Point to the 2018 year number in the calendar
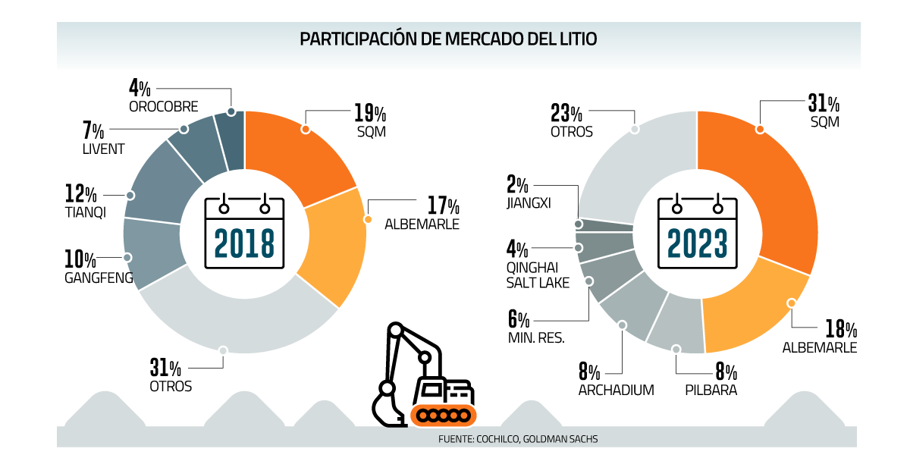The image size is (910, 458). coord(244,242)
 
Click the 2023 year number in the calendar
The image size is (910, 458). coord(697,242)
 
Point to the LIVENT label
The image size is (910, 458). coord(103,149)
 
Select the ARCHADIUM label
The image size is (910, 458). coord(616,391)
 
